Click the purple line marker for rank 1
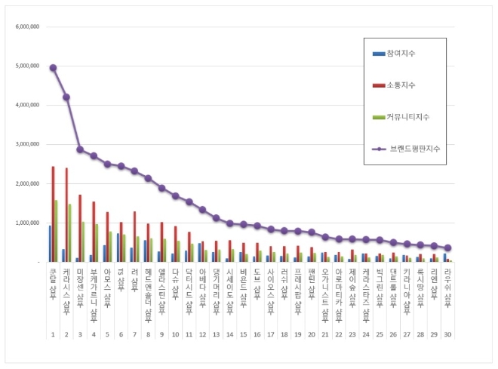click(53, 68)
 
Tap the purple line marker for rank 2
click(66, 97)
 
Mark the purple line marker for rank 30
click(447, 248)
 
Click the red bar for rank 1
click(53, 214)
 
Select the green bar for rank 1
click(57, 231)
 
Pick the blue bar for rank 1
click(50, 243)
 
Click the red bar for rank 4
click(94, 232)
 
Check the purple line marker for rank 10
click(175, 195)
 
